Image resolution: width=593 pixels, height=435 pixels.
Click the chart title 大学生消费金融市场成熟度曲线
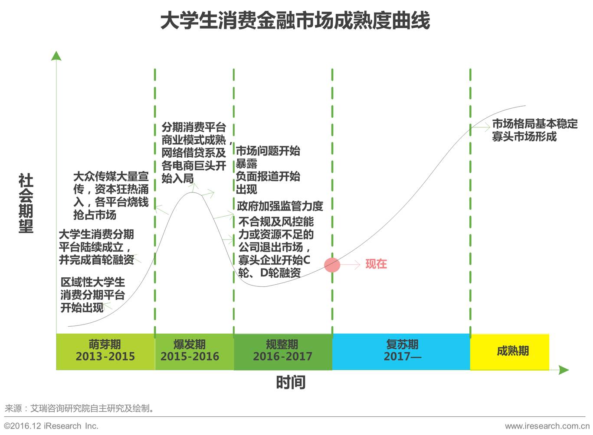[295, 20]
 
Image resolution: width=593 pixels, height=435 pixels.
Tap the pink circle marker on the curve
[332, 265]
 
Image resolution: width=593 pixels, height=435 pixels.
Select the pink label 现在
[376, 264]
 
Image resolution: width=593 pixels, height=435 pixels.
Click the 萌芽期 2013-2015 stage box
[105, 351]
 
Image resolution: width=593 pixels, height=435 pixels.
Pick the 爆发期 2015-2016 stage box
[190, 351]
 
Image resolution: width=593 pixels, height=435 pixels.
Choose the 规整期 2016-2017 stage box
[282, 351]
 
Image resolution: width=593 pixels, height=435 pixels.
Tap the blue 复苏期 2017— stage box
[401, 351]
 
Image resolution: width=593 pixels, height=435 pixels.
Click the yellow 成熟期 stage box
[512, 351]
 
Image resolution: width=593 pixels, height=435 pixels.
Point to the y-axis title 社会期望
[26, 204]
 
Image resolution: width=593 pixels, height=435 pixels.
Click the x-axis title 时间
[291, 383]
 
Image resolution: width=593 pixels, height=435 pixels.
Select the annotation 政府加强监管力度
[280, 206]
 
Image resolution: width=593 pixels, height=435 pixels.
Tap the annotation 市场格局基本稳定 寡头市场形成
[534, 130]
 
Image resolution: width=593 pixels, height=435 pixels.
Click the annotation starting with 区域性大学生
[92, 295]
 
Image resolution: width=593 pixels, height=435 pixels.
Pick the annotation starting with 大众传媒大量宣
[111, 195]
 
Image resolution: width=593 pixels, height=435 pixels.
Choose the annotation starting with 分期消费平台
[194, 153]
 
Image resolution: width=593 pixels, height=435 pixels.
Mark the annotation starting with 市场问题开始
[268, 170]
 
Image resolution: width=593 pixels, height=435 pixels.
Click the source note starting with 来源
[79, 408]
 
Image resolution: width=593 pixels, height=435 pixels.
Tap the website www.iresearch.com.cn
[547, 426]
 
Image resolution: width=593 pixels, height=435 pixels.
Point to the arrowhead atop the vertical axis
[56, 55]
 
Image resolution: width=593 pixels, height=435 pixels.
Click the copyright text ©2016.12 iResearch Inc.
[51, 426]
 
